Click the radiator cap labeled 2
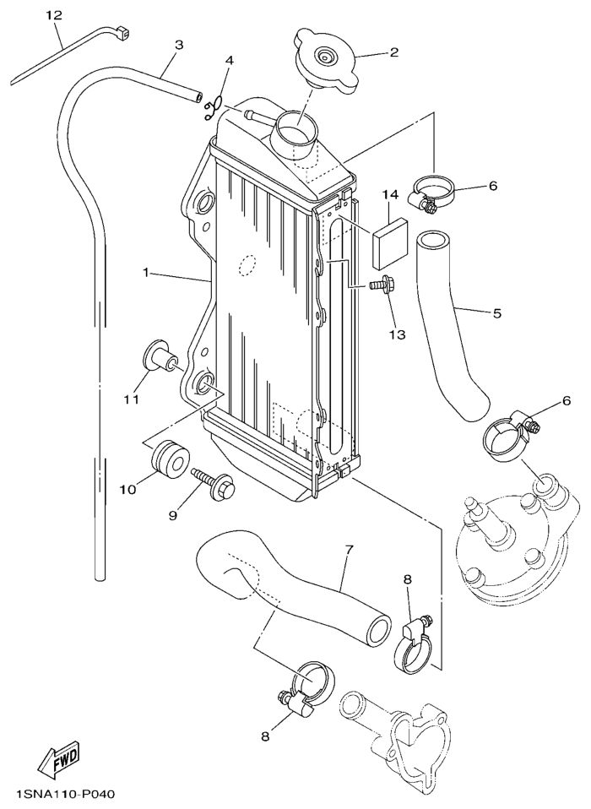click(x=326, y=61)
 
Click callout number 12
click(x=54, y=15)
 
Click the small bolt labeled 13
click(x=381, y=285)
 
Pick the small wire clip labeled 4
click(x=214, y=107)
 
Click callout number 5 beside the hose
click(x=496, y=313)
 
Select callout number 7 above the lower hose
click(x=349, y=550)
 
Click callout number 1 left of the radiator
click(x=146, y=271)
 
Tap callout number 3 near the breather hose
click(x=178, y=46)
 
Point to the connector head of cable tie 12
click(x=122, y=34)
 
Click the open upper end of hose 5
click(x=432, y=239)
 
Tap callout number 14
click(x=390, y=195)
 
